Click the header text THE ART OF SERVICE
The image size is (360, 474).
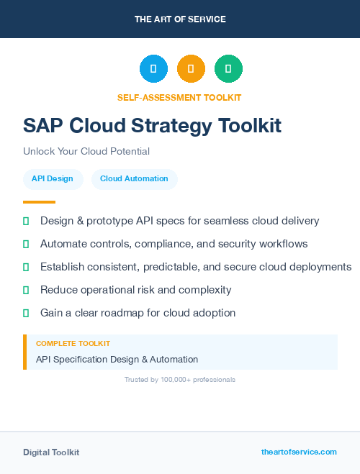click(180, 19)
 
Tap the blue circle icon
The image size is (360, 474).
click(153, 68)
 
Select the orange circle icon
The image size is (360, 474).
click(191, 68)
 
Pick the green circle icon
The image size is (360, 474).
click(228, 68)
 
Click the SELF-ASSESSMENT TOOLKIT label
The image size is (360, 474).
click(179, 97)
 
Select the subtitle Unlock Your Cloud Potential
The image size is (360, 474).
click(86, 152)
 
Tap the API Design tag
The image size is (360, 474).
click(53, 178)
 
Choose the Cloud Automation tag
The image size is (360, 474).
click(134, 178)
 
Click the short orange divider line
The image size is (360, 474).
click(39, 202)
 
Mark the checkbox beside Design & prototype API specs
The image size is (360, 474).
click(26, 221)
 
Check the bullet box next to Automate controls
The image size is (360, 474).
click(26, 244)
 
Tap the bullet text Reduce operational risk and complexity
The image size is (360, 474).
click(136, 290)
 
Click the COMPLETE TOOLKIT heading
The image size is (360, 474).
click(73, 344)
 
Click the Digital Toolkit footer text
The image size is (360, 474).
click(51, 452)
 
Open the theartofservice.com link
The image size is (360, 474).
click(299, 452)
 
